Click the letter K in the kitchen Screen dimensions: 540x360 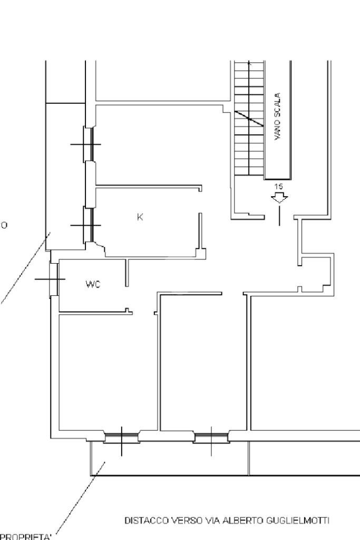(140, 217)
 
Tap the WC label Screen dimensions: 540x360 (93, 285)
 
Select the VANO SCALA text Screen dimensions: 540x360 (278, 117)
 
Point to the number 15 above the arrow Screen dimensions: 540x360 (278, 187)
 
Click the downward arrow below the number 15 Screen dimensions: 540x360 (279, 198)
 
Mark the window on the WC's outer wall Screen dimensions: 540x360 (53, 278)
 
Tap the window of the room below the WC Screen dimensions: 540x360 (121, 437)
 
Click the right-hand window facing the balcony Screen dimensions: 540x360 (211, 437)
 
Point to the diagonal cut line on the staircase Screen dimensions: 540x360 (249, 118)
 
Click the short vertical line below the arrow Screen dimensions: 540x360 (279, 216)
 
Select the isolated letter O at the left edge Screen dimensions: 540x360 (4, 226)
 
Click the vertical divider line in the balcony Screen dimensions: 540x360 (249, 458)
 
